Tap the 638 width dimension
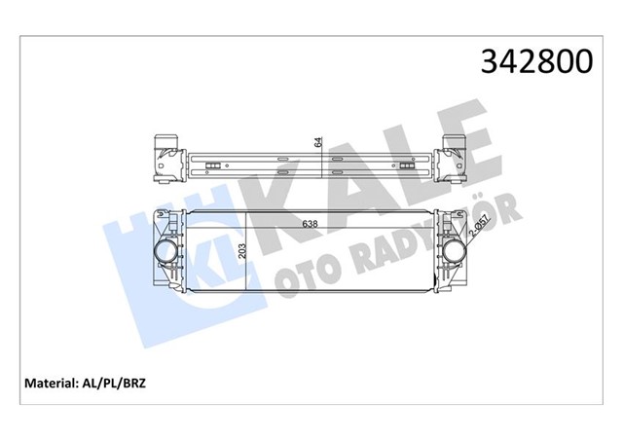point(311,223)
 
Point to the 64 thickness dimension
point(317,142)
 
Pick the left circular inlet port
point(165,254)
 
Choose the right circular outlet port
point(455,254)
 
